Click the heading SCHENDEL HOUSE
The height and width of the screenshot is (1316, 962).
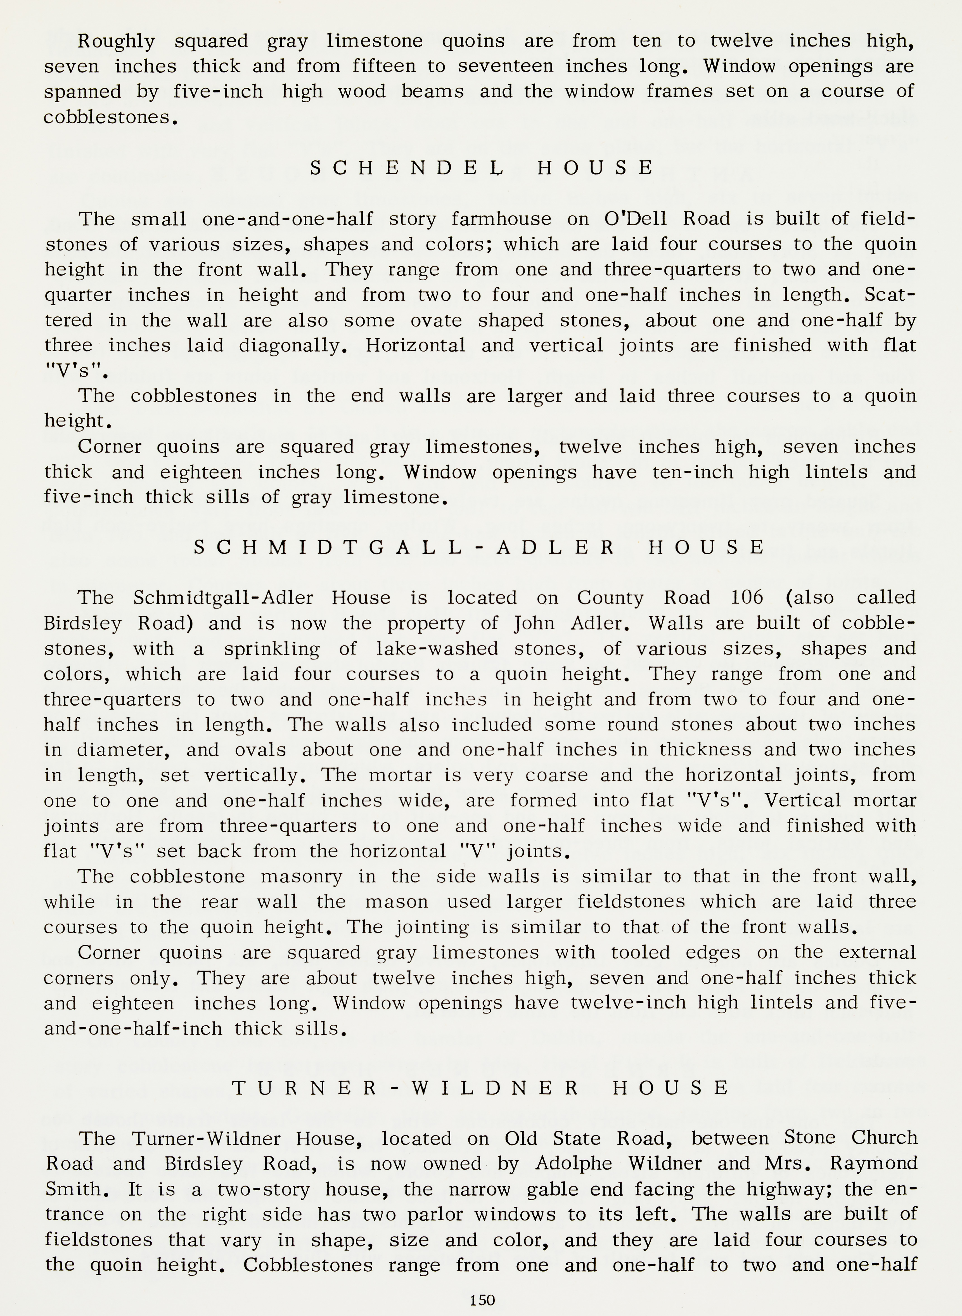pos(482,168)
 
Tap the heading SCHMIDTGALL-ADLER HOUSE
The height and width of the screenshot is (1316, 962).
pos(479,547)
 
